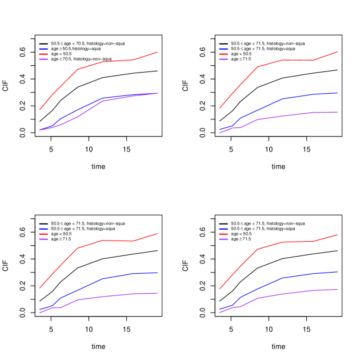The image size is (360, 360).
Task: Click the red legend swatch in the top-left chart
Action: [43, 54]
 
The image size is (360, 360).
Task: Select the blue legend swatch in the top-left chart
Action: [43, 49]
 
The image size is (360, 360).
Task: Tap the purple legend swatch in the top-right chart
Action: [223, 59]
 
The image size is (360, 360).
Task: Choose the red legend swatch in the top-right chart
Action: [223, 54]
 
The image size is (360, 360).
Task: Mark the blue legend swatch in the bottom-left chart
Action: [43, 229]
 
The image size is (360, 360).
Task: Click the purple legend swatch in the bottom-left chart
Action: [43, 239]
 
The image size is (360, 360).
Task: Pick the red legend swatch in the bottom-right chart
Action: [223, 234]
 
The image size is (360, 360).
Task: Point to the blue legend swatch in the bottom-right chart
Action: [223, 229]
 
